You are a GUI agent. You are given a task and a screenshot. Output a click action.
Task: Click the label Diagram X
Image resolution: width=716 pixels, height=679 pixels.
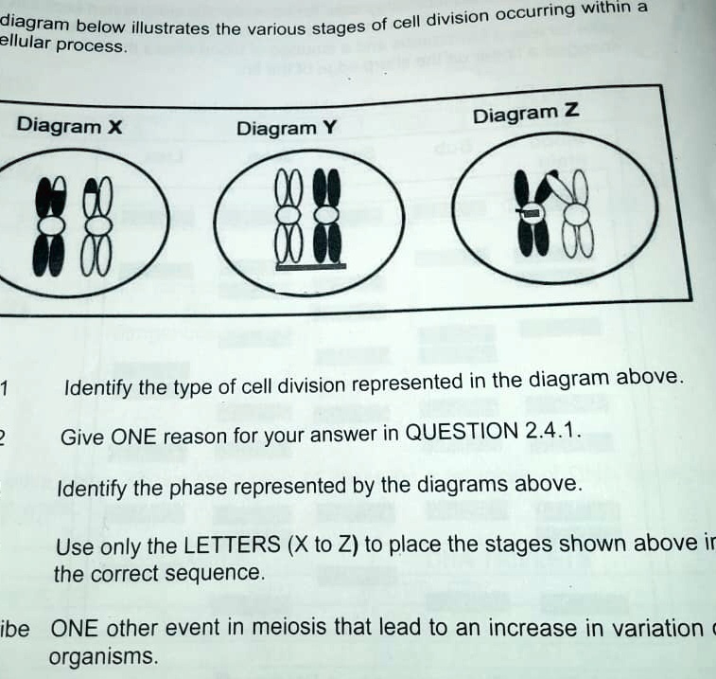(x=70, y=126)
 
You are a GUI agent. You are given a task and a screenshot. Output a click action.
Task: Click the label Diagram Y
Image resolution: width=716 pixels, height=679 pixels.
(x=287, y=128)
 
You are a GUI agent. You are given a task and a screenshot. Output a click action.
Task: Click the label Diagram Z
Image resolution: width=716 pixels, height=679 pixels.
(x=526, y=115)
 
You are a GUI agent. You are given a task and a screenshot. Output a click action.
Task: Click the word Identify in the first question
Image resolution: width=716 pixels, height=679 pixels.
(x=97, y=388)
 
